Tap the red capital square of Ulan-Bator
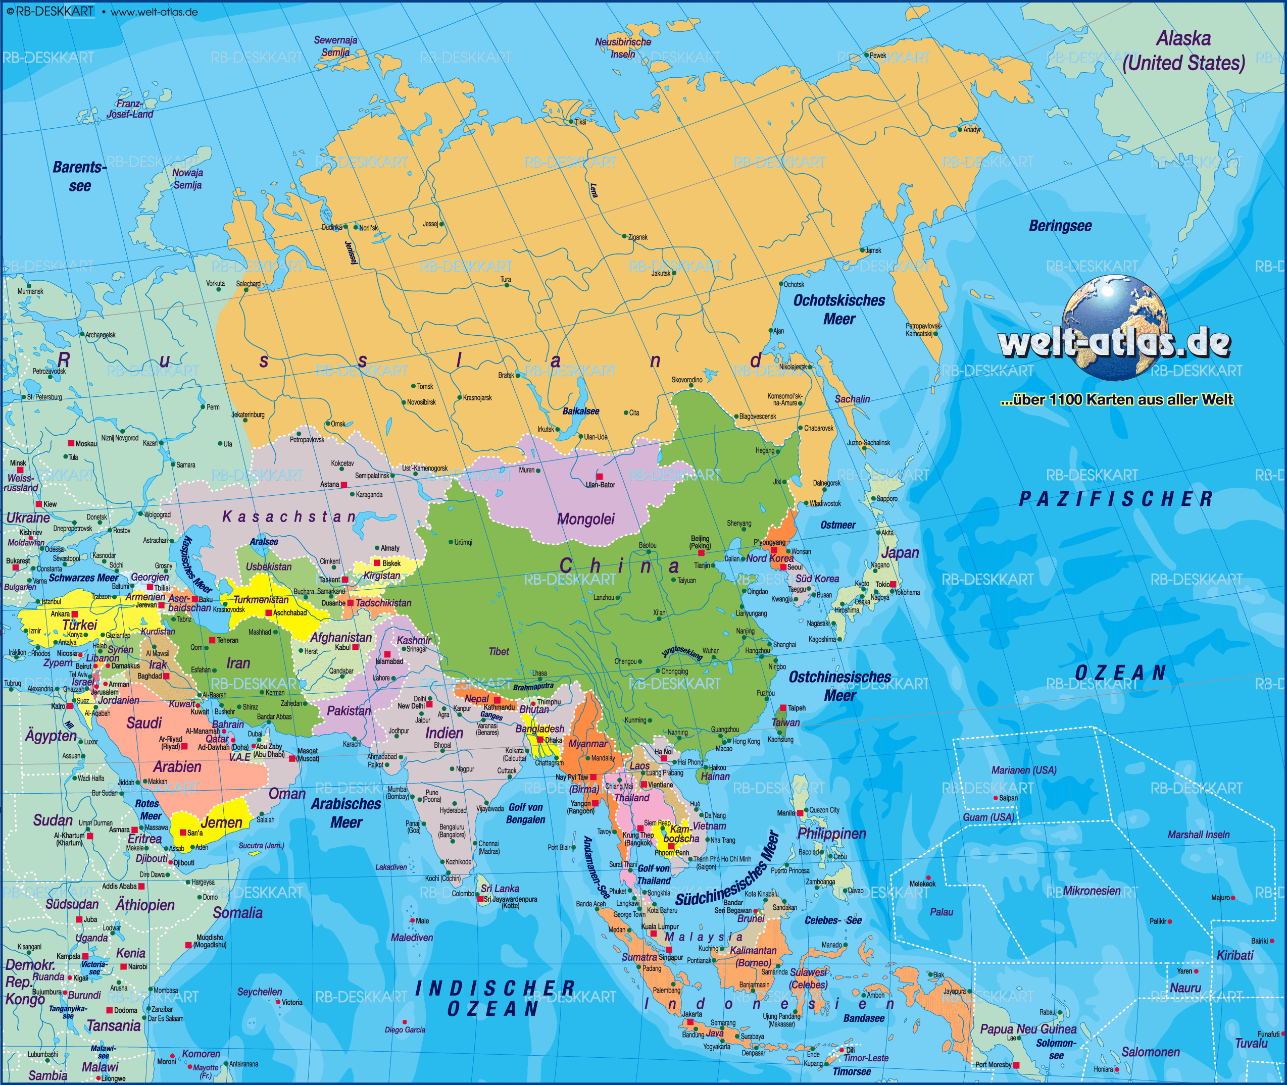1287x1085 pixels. (599, 476)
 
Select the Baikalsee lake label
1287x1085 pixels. (580, 411)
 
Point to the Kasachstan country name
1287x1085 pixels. (288, 516)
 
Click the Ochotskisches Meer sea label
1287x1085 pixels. (838, 309)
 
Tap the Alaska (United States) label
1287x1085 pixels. (1183, 51)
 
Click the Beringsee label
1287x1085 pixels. (1060, 226)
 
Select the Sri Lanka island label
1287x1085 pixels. (500, 888)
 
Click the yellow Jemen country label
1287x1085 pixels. (221, 822)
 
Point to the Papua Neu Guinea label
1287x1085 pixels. (1028, 1029)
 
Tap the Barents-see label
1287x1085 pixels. (79, 176)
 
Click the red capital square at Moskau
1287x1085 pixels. (71, 443)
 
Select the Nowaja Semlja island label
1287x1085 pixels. (187, 178)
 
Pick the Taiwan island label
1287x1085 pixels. (785, 722)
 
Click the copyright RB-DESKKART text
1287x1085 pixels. (51, 11)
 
